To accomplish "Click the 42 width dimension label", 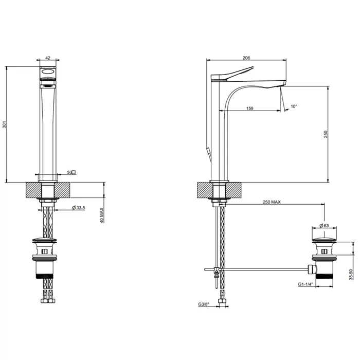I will [x=47, y=59].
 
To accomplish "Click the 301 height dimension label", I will [x=4, y=124].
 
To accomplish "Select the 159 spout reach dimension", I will [x=249, y=108].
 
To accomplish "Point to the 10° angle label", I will [x=294, y=106].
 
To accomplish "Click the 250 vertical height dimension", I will [x=326, y=134].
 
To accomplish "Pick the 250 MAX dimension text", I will [x=271, y=202].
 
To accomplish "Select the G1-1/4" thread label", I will [x=306, y=284].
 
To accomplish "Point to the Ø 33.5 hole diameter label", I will [x=79, y=208].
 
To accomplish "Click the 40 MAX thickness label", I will [x=102, y=215].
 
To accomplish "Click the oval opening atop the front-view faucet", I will [x=47, y=72].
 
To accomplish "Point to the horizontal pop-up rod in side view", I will [x=262, y=268].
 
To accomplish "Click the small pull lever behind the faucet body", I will [x=209, y=153].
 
